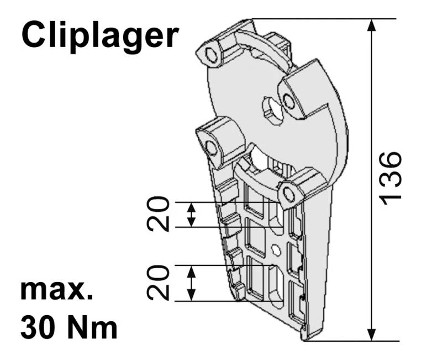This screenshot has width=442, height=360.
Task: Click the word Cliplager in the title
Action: point(99,35)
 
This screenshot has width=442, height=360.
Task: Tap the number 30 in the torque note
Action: point(40,327)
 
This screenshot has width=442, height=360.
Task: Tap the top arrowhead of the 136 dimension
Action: point(372,25)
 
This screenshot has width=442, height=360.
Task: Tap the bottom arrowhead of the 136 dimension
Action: point(372,335)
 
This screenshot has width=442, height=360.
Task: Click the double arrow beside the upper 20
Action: point(192,215)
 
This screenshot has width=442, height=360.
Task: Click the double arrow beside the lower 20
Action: point(192,283)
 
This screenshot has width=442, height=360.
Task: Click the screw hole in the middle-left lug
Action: point(211,147)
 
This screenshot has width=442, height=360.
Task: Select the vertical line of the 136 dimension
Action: point(372,111)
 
